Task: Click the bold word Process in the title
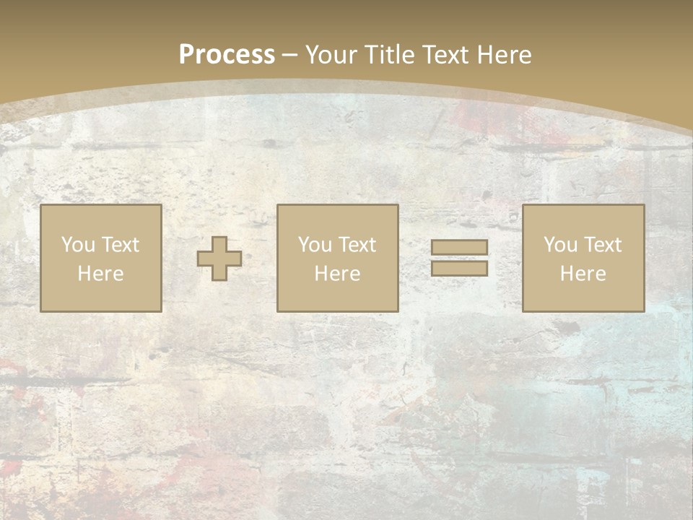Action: pyautogui.click(x=227, y=55)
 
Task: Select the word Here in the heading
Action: pyautogui.click(x=503, y=55)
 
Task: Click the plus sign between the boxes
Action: pyautogui.click(x=219, y=259)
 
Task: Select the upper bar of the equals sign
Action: pyautogui.click(x=459, y=248)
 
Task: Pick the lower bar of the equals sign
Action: pyautogui.click(x=459, y=269)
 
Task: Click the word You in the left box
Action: pyautogui.click(x=78, y=245)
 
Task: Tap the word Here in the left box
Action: pyautogui.click(x=100, y=274)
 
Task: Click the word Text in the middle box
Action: pyautogui.click(x=357, y=245)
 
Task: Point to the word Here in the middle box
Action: pyautogui.click(x=337, y=274)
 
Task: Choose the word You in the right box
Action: pyautogui.click(x=560, y=245)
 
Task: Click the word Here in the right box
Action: pyautogui.click(x=583, y=274)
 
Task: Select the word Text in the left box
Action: pyautogui.click(x=120, y=245)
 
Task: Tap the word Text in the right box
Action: pyautogui.click(x=602, y=245)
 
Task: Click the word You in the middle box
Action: pyautogui.click(x=315, y=245)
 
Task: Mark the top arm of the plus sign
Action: pyautogui.click(x=219, y=244)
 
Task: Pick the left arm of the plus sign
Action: pyautogui.click(x=205, y=259)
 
